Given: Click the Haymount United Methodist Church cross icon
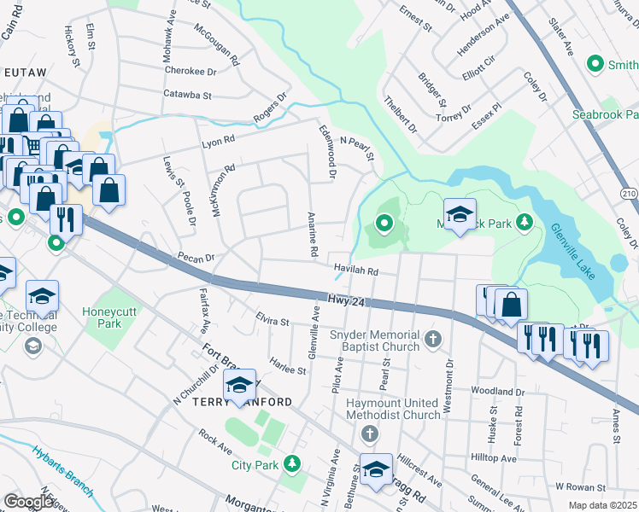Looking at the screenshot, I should (369, 433).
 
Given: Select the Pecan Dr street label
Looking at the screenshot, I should (195, 256).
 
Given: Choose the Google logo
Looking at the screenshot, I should (30, 502).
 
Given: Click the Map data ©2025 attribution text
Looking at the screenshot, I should (601, 505).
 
